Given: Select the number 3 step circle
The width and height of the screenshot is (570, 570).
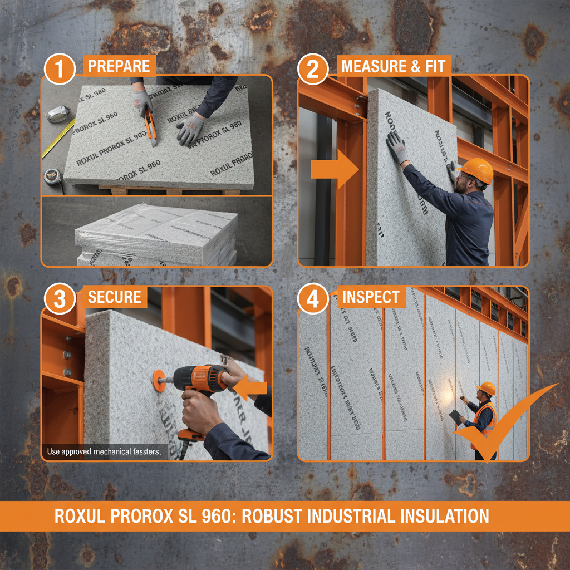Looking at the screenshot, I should click(x=59, y=300).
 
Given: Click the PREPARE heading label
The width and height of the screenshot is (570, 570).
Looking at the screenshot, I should click(x=119, y=66).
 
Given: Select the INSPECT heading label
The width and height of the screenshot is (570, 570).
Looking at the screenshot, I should click(x=371, y=297).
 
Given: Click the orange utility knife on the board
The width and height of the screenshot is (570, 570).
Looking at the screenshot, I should click(x=149, y=126).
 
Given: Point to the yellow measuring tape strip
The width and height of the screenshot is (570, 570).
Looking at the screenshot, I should click(x=58, y=139).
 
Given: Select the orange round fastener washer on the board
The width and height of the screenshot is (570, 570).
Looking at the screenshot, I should click(x=159, y=380).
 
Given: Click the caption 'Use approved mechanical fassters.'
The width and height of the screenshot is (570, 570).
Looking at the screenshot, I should click(x=104, y=451).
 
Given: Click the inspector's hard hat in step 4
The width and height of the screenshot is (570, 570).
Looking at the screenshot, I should click(x=487, y=388).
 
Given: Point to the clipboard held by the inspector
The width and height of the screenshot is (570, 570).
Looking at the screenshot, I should click(x=455, y=416).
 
